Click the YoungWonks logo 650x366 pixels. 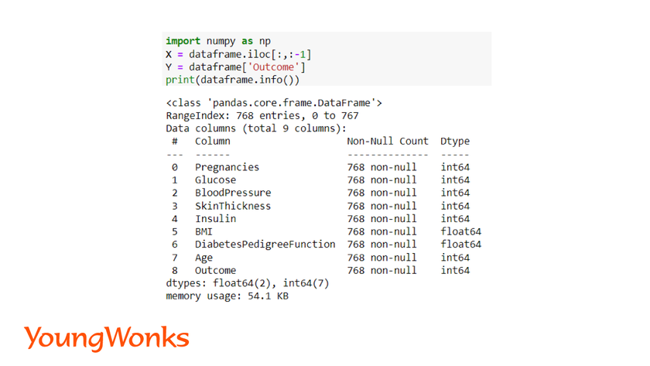[107, 338]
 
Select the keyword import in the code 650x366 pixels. [183, 41]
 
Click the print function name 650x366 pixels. [180, 80]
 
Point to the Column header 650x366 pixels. [213, 141]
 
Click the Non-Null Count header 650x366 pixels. [388, 141]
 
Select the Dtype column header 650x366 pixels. [455, 142]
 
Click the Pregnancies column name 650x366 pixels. [227, 167]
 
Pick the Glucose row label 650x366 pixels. [216, 180]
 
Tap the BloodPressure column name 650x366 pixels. [233, 193]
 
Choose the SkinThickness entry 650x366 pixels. [233, 206]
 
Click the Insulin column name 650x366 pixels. [216, 218]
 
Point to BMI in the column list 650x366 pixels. [204, 231]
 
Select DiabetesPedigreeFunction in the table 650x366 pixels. [265, 245]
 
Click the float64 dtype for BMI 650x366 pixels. [461, 231]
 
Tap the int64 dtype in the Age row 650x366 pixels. [455, 258]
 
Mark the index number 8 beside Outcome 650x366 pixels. [175, 270]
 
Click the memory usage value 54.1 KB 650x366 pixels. [269, 296]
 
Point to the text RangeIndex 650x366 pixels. [195, 115]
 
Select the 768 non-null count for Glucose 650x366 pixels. [381, 180]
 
